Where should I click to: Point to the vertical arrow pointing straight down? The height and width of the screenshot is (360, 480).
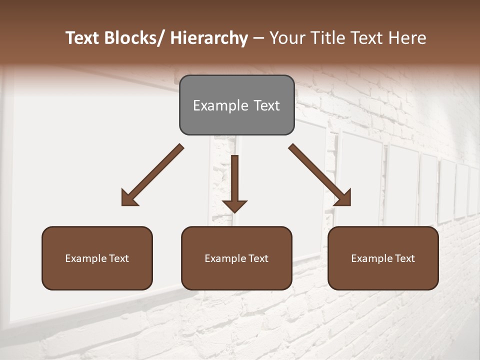click(x=234, y=177)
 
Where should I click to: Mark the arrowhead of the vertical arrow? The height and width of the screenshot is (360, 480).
click(x=234, y=206)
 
